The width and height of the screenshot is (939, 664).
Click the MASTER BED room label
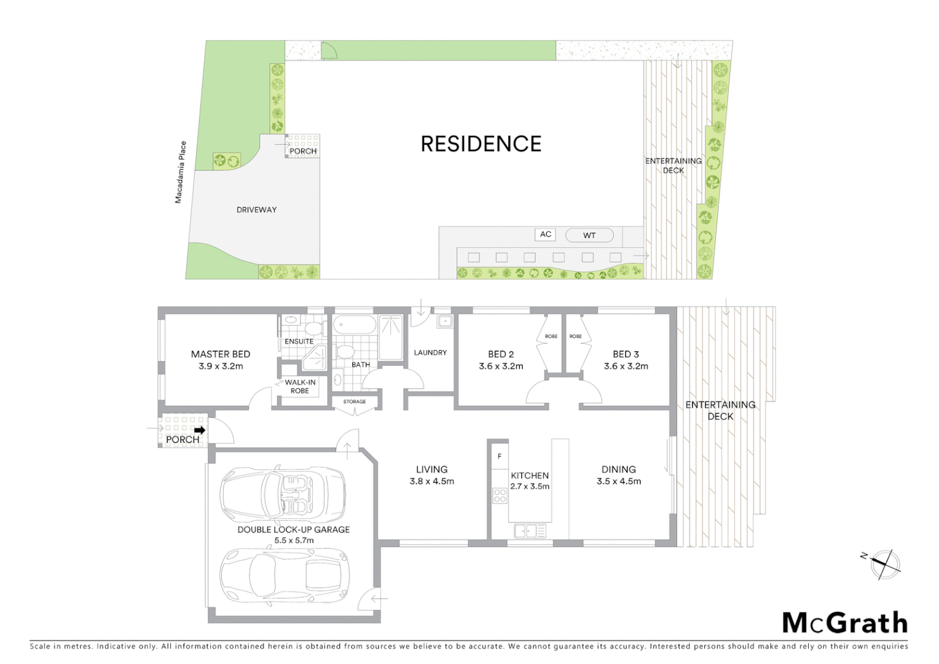220,354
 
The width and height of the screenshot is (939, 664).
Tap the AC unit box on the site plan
546,234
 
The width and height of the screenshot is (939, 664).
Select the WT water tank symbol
589,235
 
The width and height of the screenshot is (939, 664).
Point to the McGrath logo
845,623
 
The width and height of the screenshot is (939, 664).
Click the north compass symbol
884,564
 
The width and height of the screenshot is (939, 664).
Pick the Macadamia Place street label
179,172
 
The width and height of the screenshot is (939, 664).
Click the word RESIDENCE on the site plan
481,144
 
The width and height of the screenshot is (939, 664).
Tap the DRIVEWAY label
256,210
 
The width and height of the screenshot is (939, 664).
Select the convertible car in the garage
282,494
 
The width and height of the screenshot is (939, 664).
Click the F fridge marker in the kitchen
500,456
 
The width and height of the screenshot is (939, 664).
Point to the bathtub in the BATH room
355,324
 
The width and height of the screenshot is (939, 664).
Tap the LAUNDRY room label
430,353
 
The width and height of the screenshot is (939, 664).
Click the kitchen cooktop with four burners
499,495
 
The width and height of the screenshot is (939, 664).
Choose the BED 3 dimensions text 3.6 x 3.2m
626,366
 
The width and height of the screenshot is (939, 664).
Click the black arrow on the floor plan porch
199,430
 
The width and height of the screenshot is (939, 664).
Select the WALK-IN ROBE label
300,387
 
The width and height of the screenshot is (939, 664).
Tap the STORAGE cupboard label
355,402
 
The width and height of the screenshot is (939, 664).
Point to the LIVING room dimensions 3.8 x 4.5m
431,482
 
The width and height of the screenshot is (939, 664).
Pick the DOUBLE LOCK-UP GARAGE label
293,529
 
